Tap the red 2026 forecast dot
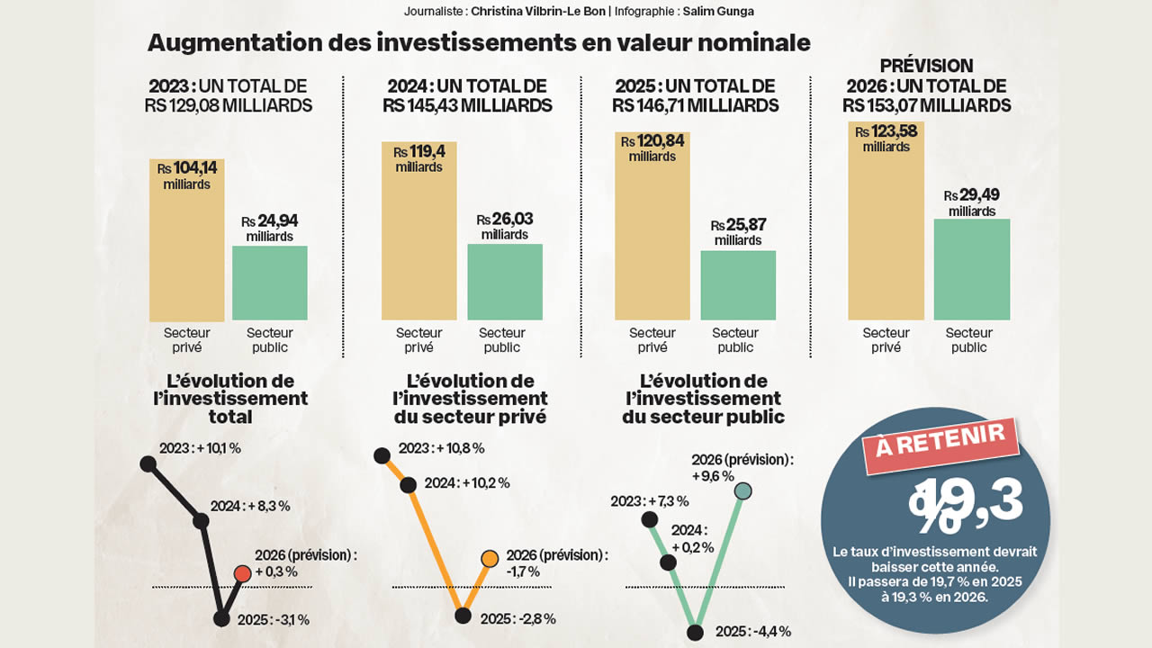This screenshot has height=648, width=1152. (241, 573)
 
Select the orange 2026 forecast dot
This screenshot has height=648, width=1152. (490, 559)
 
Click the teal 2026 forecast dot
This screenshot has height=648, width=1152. (742, 491)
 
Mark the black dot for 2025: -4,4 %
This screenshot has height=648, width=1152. (695, 632)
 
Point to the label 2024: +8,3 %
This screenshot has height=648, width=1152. (249, 506)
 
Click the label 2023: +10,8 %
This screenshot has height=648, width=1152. (441, 448)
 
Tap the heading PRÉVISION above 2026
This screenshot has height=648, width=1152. (927, 66)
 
